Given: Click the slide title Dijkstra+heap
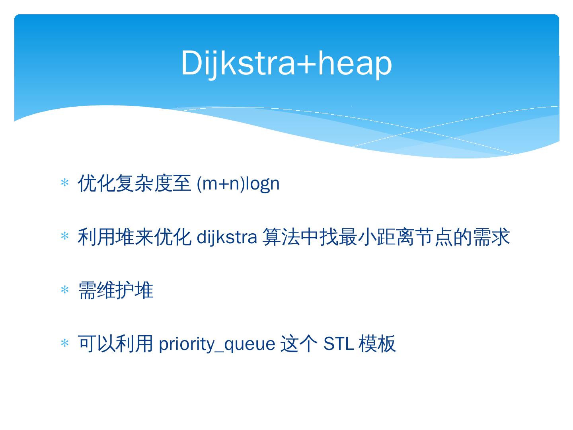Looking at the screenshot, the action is [x=286, y=63].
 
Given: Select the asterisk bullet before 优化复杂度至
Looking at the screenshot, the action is [x=64, y=182].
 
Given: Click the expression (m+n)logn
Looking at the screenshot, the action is [x=238, y=184].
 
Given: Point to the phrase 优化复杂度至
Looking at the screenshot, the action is [x=134, y=183].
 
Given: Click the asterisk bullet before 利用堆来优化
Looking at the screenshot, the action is [x=64, y=236].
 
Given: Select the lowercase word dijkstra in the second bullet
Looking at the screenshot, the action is [x=226, y=237].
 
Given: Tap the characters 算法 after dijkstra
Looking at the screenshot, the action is [x=281, y=237].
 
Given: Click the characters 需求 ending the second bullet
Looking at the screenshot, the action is [x=491, y=237].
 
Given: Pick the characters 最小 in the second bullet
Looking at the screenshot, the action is [x=357, y=237].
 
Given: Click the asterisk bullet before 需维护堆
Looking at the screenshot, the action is [x=64, y=289].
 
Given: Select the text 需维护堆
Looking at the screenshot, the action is [x=116, y=290].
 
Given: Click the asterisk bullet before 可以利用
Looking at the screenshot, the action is [x=64, y=343].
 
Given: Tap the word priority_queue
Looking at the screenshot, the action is [x=217, y=344].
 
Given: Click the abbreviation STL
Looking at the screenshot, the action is [x=339, y=344].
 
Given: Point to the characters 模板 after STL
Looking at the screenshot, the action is [x=377, y=344].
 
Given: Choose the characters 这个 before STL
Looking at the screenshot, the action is [x=299, y=344].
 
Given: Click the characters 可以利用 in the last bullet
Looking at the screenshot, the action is [x=115, y=344].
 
